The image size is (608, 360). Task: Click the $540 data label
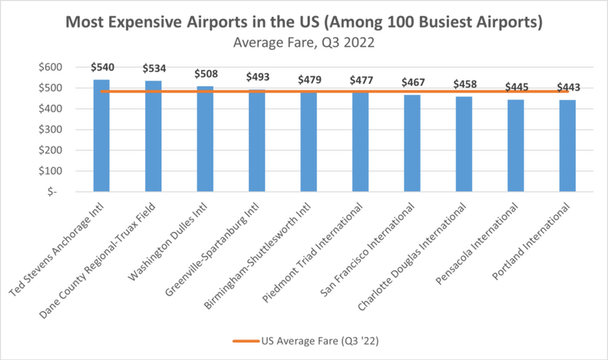(x=101, y=67)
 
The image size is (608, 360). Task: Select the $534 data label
(x=154, y=68)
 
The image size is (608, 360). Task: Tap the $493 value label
(x=257, y=77)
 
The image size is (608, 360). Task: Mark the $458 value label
(x=464, y=84)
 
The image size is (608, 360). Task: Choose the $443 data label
(x=567, y=87)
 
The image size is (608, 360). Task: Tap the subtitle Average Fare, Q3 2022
(x=304, y=42)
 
